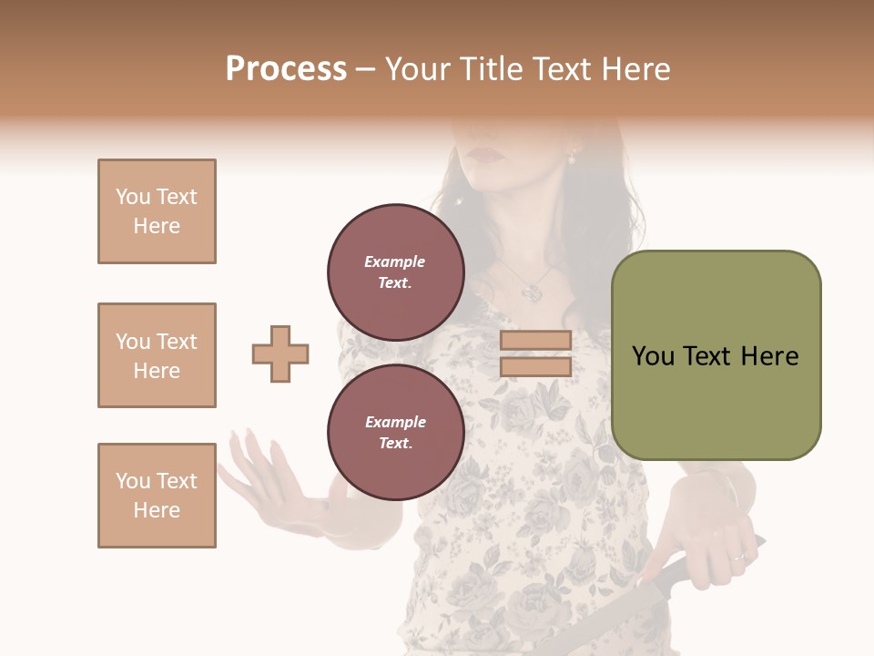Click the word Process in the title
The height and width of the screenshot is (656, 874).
[x=286, y=69]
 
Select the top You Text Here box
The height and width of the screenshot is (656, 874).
[x=157, y=211]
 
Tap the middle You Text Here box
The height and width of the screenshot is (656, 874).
[x=157, y=355]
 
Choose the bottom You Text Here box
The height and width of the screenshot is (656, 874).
[x=157, y=496]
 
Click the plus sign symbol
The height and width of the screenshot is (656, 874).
[x=280, y=354]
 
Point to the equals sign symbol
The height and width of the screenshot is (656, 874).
[x=536, y=354]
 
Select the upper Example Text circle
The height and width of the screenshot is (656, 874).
[x=396, y=272]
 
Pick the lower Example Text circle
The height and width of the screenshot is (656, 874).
[x=396, y=432]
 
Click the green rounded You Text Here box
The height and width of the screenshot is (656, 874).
[x=716, y=355]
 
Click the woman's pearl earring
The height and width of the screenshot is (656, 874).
[x=572, y=159]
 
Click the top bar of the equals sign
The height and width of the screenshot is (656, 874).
[x=536, y=341]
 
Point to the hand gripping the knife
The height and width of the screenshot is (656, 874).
[x=710, y=528]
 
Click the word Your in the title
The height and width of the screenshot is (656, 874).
[x=418, y=69]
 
